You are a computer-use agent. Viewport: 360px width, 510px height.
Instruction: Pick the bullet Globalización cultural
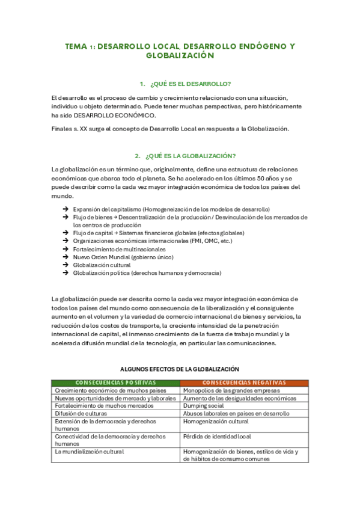(x=102, y=265)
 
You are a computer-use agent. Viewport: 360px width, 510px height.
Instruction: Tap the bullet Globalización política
(x=147, y=272)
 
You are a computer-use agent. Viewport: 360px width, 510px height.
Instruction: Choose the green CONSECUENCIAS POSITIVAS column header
(x=115, y=382)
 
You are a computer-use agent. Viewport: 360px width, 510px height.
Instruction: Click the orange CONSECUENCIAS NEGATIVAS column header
(x=244, y=382)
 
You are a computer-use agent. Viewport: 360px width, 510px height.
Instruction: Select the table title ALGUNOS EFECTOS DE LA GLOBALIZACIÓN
(x=180, y=369)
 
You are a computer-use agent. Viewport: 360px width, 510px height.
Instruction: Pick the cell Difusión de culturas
(x=81, y=414)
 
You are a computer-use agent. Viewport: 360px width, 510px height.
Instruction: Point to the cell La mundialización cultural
(x=90, y=452)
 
